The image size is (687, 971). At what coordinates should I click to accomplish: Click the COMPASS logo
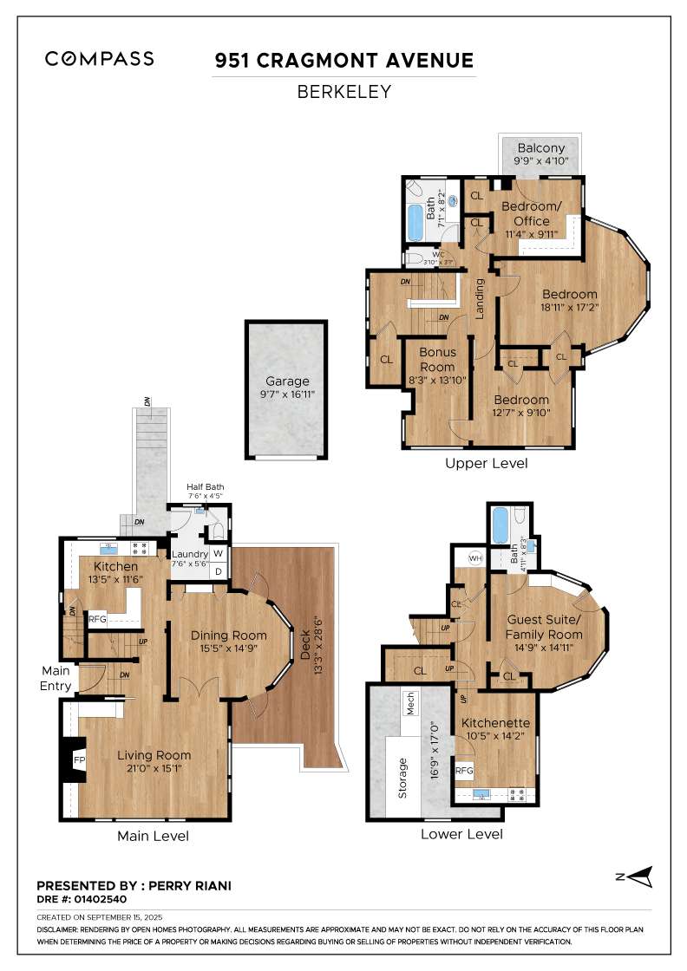(x=100, y=59)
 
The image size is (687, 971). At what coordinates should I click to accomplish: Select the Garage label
(x=287, y=381)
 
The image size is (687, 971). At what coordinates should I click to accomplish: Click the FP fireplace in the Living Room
(x=79, y=760)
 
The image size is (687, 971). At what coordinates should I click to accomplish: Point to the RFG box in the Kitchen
(x=97, y=619)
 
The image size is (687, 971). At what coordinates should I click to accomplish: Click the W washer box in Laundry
(x=218, y=554)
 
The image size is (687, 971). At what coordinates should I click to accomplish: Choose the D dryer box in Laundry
(x=218, y=571)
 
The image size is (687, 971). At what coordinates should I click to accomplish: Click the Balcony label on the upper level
(x=540, y=147)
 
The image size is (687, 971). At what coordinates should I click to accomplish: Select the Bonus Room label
(x=437, y=360)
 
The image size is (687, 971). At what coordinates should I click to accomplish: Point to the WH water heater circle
(x=475, y=557)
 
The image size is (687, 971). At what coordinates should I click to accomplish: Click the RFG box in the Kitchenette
(x=464, y=770)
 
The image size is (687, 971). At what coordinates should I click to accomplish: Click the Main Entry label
(x=56, y=679)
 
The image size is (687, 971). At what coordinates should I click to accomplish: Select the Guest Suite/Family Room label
(x=543, y=628)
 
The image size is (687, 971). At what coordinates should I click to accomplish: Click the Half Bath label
(x=206, y=487)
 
